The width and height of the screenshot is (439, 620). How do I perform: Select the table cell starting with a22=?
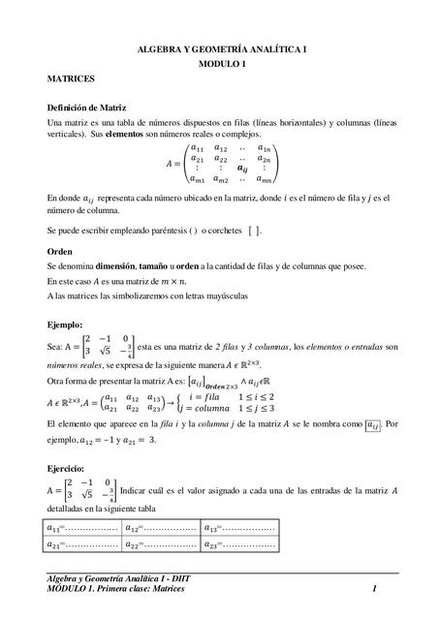[x=161, y=544]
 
